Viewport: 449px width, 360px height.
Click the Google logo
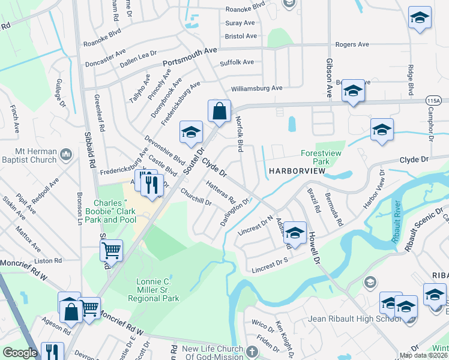click(x=20, y=353)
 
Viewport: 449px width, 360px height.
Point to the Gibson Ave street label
click(x=329, y=78)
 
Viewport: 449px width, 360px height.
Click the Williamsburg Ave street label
click(x=256, y=88)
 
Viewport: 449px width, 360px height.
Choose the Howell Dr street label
click(x=313, y=247)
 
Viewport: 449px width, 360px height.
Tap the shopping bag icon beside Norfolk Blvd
click(x=219, y=110)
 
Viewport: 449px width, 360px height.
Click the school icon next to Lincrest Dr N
click(x=294, y=233)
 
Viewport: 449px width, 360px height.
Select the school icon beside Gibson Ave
click(x=353, y=91)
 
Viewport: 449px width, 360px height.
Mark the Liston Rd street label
click(x=49, y=261)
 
